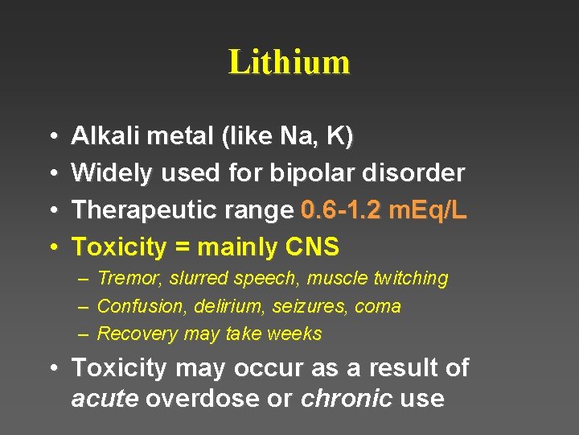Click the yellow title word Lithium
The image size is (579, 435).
[289, 63]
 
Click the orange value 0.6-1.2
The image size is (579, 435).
[341, 210]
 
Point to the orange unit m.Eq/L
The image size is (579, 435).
[427, 210]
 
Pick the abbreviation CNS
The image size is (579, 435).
[312, 246]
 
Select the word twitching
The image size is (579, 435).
[411, 279]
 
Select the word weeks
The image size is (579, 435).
[297, 333]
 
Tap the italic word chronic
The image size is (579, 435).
[347, 399]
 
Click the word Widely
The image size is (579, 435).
[113, 173]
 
